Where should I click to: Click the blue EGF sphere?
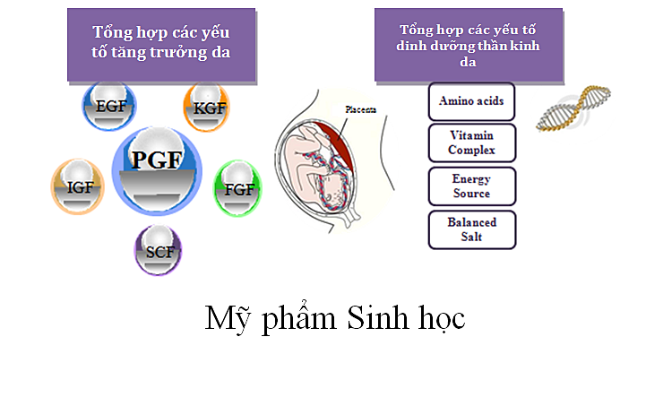coord(109,107)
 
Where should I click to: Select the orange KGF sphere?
coord(207,108)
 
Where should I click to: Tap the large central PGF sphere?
coord(157,170)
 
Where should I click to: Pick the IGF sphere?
coord(77,186)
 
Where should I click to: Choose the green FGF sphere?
coord(237,189)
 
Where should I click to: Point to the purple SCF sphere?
coord(159,250)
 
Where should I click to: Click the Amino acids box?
coord(471,101)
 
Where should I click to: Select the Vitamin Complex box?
coord(472,143)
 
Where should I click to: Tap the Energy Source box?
coord(472,186)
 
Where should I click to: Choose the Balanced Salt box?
coord(472,230)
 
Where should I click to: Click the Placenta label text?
coord(361,109)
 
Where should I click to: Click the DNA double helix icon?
coord(573,108)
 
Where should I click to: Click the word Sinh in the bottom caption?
coord(378,318)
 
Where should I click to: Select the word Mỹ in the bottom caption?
coord(228,319)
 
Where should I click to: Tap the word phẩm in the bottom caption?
coord(299,318)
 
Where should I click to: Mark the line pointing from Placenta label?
coord(343,128)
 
